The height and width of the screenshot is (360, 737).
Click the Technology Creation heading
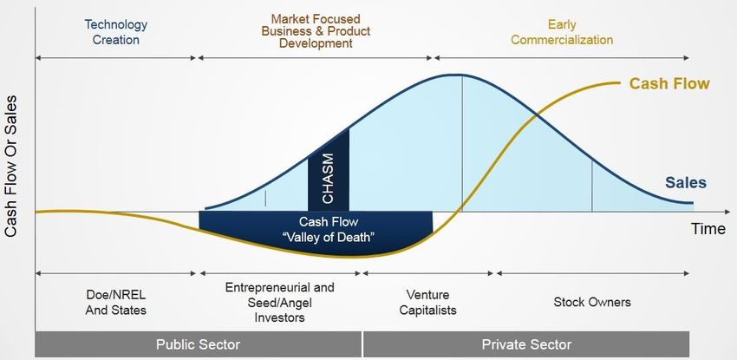pyautogui.click(x=115, y=32)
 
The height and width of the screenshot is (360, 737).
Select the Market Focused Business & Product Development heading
pyautogui.click(x=316, y=31)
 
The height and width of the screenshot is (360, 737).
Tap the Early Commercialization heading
pyautogui.click(x=562, y=32)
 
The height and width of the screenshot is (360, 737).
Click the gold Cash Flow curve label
pyautogui.click(x=669, y=83)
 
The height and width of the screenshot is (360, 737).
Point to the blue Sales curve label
pyautogui.click(x=686, y=182)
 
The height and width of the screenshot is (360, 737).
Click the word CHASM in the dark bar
pyautogui.click(x=328, y=179)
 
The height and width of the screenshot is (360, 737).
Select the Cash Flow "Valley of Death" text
pyautogui.click(x=329, y=229)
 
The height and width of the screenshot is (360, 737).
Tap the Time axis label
pyautogui.click(x=708, y=229)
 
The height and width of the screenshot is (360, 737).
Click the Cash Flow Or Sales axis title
pyautogui.click(x=10, y=166)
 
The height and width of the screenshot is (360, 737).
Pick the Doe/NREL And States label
pyautogui.click(x=115, y=303)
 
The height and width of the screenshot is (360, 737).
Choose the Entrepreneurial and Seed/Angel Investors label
pyautogui.click(x=280, y=302)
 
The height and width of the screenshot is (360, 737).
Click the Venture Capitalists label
pyautogui.click(x=427, y=303)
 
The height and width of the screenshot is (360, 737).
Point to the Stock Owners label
pyautogui.click(x=592, y=302)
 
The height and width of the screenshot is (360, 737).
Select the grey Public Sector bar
pyautogui.click(x=199, y=344)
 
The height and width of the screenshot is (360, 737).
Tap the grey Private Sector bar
pyautogui.click(x=526, y=344)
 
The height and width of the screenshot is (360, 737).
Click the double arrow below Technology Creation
pyautogui.click(x=115, y=58)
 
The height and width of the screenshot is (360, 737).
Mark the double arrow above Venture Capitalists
pyautogui.click(x=427, y=273)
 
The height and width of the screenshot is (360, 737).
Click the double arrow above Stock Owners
pyautogui.click(x=593, y=273)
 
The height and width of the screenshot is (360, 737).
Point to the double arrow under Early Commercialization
pyautogui.click(x=562, y=58)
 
